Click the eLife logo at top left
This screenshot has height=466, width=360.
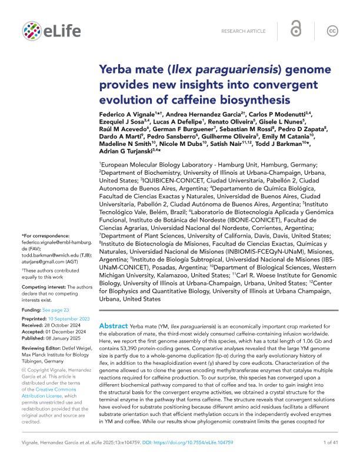tap(45, 31)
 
